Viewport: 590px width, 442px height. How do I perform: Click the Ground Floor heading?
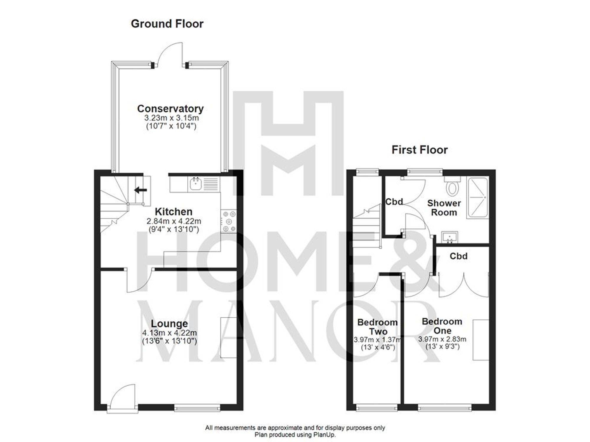pyautogui.click(x=167, y=24)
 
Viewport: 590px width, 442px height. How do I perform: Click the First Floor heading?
pyautogui.click(x=419, y=150)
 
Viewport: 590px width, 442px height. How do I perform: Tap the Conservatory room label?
pyautogui.click(x=170, y=108)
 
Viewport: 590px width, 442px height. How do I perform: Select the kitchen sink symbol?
pyautogui.click(x=196, y=184)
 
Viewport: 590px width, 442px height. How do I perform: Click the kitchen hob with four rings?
pyautogui.click(x=229, y=221)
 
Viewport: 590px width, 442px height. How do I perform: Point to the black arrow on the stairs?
pyautogui.click(x=141, y=190)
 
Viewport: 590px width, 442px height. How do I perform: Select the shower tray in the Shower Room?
pyautogui.click(x=477, y=198)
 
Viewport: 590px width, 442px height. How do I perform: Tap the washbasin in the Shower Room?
pyautogui.click(x=449, y=237)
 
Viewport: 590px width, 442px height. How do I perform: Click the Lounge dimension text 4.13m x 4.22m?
pyautogui.click(x=169, y=333)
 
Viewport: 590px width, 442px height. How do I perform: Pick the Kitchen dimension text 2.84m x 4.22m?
pyautogui.click(x=174, y=221)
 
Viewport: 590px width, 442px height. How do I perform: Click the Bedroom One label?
pyautogui.click(x=442, y=326)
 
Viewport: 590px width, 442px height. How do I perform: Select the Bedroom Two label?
pyautogui.click(x=377, y=327)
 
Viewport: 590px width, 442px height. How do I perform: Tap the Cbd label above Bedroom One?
pyautogui.click(x=458, y=256)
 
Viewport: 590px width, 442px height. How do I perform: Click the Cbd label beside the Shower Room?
pyautogui.click(x=394, y=202)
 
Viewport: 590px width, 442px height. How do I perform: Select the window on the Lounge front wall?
pyautogui.click(x=197, y=408)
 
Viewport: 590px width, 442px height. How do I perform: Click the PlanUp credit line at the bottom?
pyautogui.click(x=295, y=435)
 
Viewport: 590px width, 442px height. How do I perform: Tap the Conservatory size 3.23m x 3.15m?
pyautogui.click(x=171, y=118)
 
